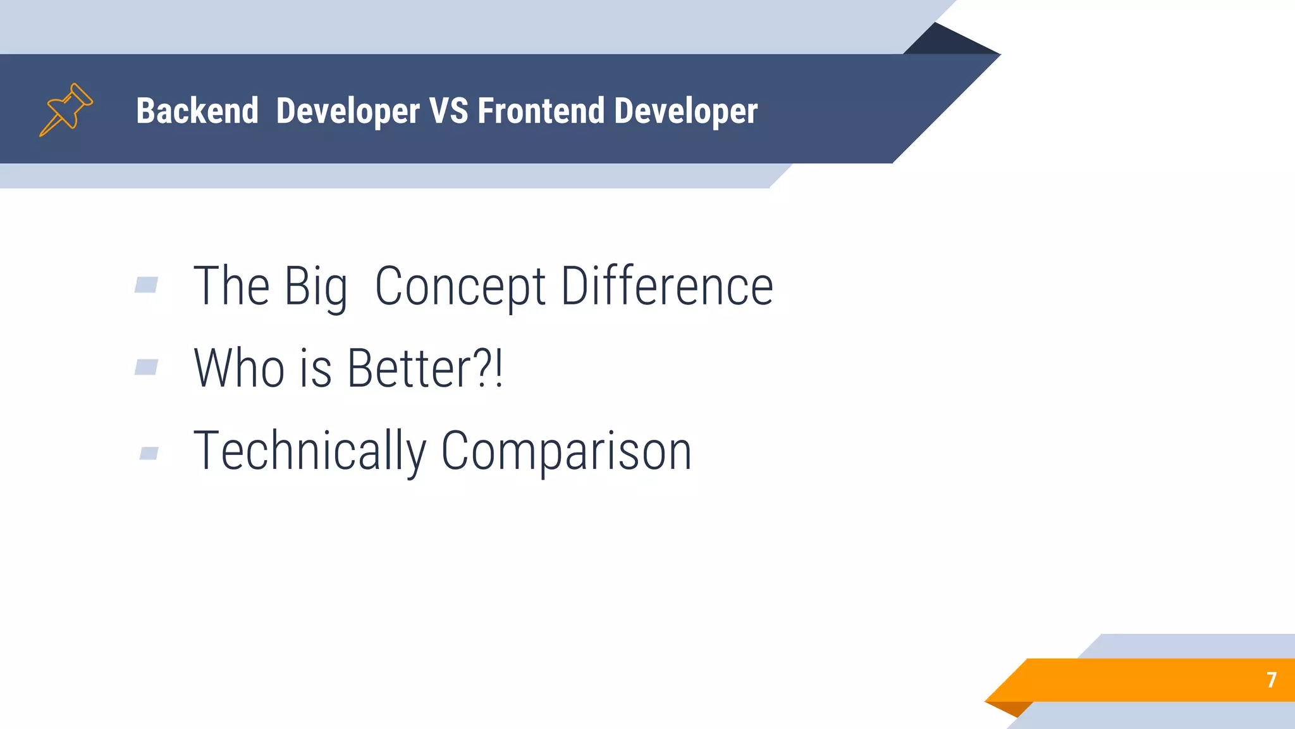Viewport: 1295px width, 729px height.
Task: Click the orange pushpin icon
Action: (x=66, y=109)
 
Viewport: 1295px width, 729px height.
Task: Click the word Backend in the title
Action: (x=197, y=111)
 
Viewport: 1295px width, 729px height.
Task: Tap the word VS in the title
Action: (x=449, y=111)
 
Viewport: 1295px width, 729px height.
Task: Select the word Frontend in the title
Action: (x=541, y=111)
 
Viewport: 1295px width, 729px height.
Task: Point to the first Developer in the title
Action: (x=348, y=112)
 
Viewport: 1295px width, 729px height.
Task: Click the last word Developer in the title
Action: (x=686, y=112)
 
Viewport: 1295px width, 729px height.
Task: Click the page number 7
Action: (x=1272, y=680)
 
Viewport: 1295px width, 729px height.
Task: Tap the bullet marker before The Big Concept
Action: (x=146, y=285)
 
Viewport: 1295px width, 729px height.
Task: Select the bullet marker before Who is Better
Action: (x=146, y=367)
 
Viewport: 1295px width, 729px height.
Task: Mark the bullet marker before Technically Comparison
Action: (x=149, y=453)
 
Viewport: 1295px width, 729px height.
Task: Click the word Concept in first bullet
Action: (x=460, y=287)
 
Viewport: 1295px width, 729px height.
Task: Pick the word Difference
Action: (x=667, y=287)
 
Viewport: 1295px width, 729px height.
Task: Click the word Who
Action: (x=239, y=368)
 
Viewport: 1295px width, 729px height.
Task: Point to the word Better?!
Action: (x=425, y=368)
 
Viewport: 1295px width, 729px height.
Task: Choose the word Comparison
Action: (x=567, y=451)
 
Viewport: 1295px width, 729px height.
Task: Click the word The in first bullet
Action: (x=231, y=287)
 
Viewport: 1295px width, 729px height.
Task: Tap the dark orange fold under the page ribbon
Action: (x=1012, y=708)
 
